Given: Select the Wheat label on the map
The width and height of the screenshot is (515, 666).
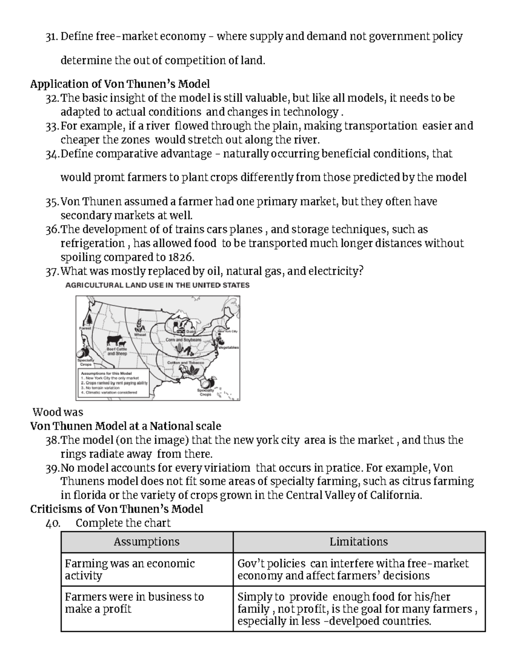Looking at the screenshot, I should point(140,335).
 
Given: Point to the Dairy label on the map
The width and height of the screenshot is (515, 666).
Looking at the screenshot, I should point(191,331).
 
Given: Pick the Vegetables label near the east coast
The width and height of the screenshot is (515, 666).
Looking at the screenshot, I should point(228,348).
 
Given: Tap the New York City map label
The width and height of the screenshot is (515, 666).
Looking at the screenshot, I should point(228,331).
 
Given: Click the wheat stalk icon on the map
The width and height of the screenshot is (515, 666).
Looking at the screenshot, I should point(140,325).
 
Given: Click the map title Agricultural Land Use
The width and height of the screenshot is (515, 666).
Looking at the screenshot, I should point(157,285).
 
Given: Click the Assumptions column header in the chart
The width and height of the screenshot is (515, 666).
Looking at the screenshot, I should point(147,542).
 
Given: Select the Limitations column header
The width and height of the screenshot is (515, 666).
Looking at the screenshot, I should point(359,542).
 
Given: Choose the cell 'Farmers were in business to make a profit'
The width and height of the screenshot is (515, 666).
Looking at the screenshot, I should point(134,603).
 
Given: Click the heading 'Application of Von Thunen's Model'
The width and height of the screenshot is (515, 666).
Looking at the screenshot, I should point(120,84).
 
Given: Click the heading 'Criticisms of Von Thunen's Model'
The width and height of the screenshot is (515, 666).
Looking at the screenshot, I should point(116,509).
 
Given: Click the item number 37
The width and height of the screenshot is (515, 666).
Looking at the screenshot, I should point(51,271).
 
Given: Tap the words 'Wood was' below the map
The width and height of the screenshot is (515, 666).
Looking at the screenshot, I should point(58,412).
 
